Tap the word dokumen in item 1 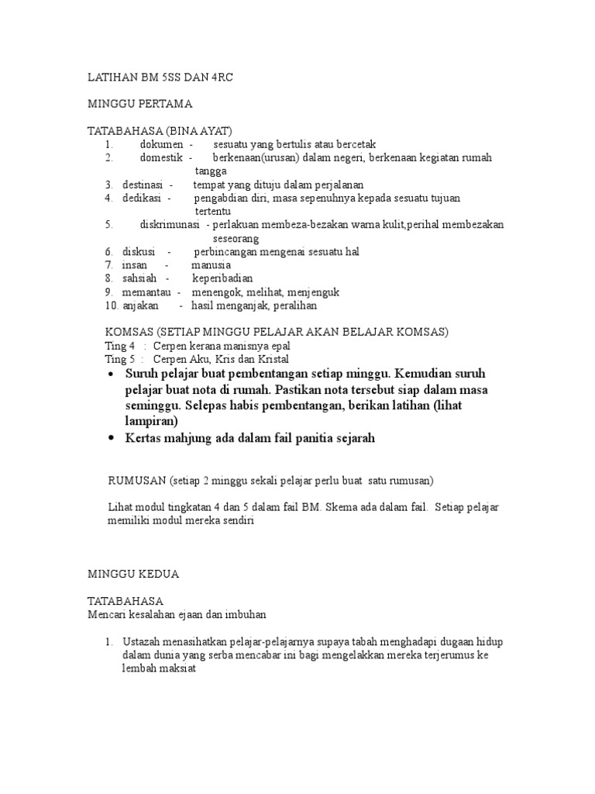coord(161,144)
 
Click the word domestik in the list coord(161,157)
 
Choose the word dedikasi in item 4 coord(142,198)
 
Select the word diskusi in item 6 coord(139,252)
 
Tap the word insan coord(134,265)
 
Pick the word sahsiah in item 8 coord(139,278)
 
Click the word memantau coord(145,292)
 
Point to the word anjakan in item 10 coord(140,306)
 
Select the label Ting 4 coord(120,346)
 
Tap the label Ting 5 coord(120,359)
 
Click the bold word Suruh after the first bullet coord(141,373)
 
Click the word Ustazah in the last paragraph coord(142,643)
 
